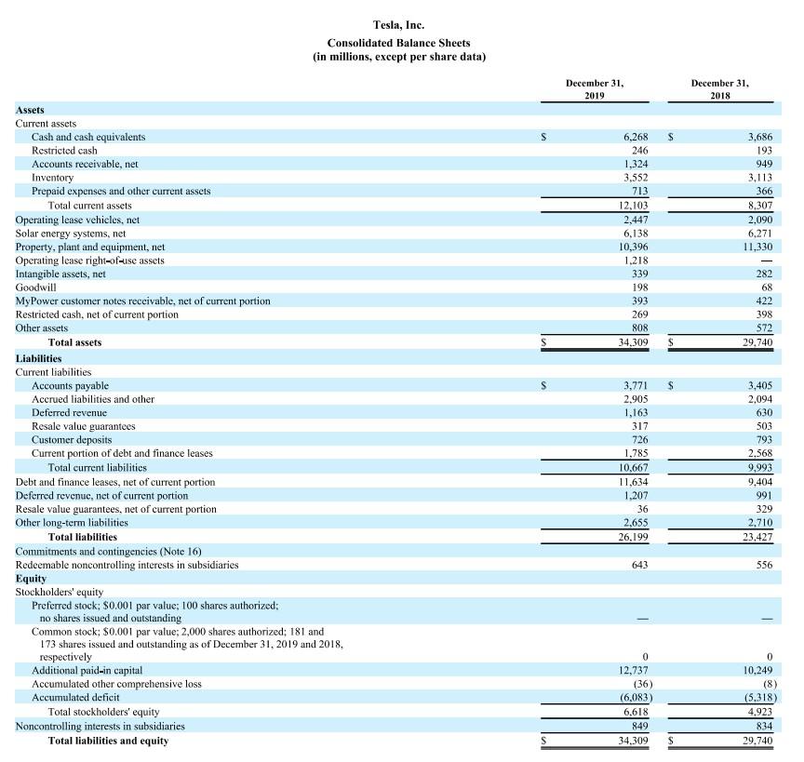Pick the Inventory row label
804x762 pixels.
click(52, 177)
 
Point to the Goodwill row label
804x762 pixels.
click(35, 287)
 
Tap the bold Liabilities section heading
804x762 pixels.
click(38, 357)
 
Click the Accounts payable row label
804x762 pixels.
click(70, 385)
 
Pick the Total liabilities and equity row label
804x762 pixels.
click(108, 741)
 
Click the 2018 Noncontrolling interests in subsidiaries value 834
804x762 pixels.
click(763, 726)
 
